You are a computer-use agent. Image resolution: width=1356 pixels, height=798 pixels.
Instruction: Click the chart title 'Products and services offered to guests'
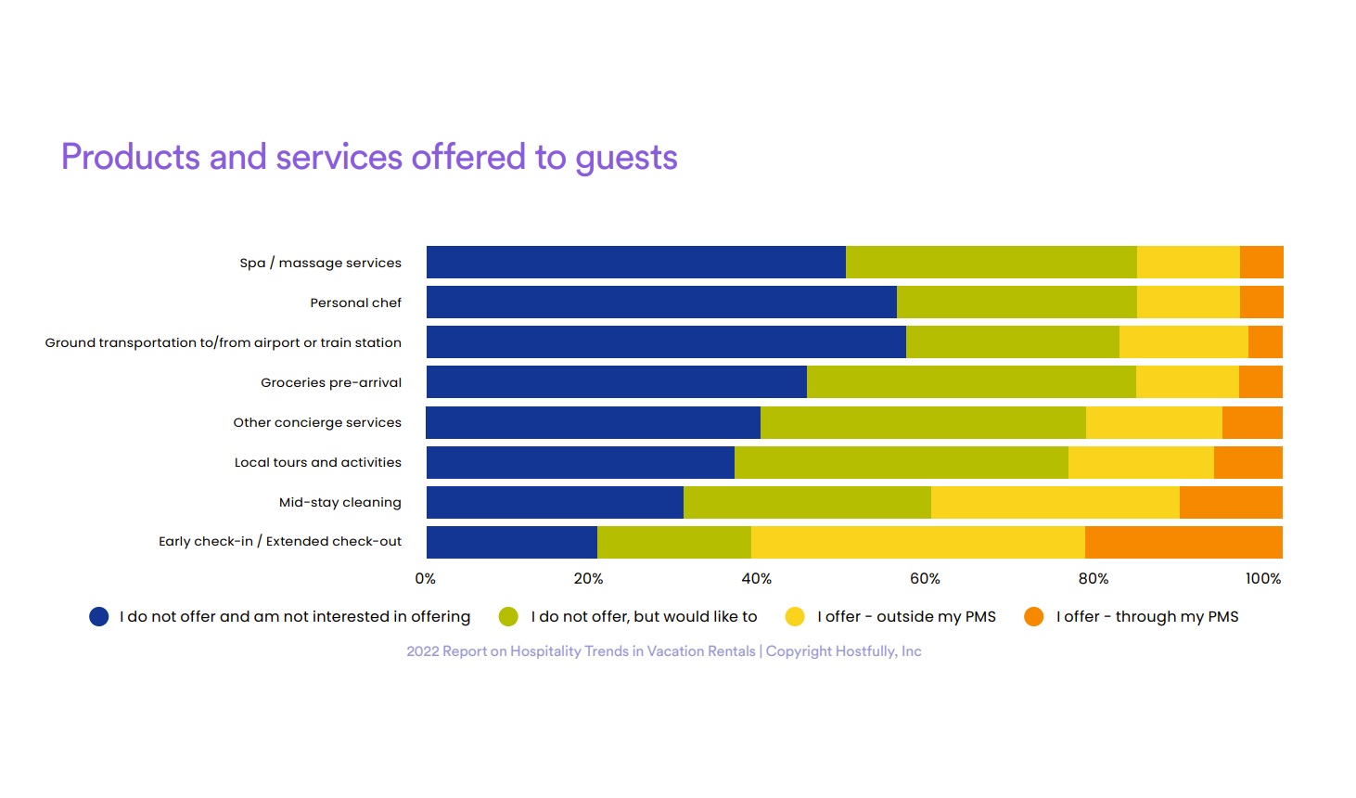[x=369, y=158]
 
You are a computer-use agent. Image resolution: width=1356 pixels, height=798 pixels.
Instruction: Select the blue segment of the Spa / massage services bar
[x=635, y=263]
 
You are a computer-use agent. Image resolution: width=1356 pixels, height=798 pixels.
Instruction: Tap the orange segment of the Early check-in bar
[x=1183, y=543]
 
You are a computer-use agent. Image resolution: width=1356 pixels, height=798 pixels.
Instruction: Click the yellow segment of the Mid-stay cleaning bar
[x=1055, y=503]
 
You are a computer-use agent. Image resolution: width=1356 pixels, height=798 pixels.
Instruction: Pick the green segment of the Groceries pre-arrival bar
[x=971, y=382]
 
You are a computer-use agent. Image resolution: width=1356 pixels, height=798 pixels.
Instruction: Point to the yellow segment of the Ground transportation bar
[x=1183, y=342]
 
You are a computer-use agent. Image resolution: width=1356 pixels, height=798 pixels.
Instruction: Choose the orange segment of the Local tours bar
[x=1247, y=463]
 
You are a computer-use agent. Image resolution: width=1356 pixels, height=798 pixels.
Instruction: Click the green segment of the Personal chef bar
[x=1017, y=302]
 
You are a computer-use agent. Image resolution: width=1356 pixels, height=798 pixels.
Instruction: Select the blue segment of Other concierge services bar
[x=593, y=423]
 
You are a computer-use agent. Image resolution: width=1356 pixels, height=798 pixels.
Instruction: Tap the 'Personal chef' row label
[x=355, y=303]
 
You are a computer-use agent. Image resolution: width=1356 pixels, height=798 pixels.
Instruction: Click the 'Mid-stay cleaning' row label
[x=339, y=503]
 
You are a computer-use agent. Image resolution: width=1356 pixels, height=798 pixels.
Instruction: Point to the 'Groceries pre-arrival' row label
[x=331, y=383]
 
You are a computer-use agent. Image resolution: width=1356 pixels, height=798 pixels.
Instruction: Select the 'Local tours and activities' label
[x=317, y=463]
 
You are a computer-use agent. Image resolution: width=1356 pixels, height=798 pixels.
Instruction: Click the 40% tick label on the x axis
[x=756, y=579]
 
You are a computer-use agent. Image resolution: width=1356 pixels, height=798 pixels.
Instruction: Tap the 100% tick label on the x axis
[x=1262, y=579]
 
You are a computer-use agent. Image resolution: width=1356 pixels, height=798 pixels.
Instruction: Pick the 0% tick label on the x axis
[x=426, y=579]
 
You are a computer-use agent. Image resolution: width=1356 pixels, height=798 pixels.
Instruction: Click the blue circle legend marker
[x=99, y=617]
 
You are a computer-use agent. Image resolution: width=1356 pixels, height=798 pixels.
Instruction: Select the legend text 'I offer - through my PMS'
[x=1146, y=617]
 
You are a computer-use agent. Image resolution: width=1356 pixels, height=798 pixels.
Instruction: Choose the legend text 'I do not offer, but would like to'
[x=644, y=617]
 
